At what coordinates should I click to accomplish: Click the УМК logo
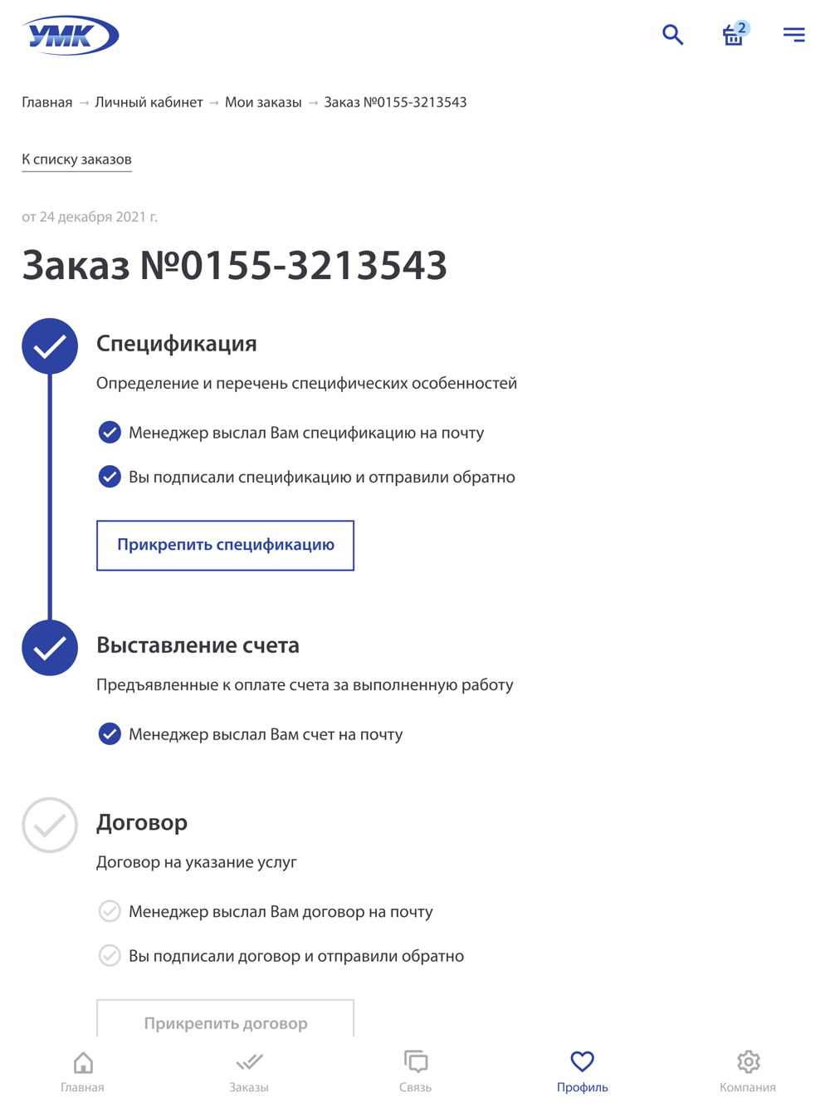click(x=71, y=35)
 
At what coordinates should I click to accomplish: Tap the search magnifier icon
click(x=672, y=34)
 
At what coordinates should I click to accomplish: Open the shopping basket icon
click(x=733, y=35)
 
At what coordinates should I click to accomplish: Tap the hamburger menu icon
click(x=793, y=34)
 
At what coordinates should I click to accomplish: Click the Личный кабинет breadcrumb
click(x=149, y=102)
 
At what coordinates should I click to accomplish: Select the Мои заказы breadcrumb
click(x=263, y=102)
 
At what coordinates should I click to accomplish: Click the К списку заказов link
click(x=76, y=159)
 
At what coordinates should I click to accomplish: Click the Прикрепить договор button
click(x=225, y=1022)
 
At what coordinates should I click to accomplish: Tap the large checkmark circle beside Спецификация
click(x=50, y=346)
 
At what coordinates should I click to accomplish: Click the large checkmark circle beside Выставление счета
click(x=50, y=647)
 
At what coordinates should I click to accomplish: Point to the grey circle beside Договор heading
click(x=50, y=825)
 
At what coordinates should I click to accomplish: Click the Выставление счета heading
click(x=198, y=645)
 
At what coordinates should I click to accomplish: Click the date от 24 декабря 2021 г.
click(x=90, y=217)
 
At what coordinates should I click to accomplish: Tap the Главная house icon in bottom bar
click(x=83, y=1062)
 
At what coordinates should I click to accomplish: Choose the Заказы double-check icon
click(x=249, y=1062)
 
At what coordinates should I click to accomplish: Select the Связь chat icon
click(x=416, y=1062)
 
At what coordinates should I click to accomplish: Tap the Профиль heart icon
click(x=582, y=1061)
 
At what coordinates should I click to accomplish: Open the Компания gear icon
click(x=748, y=1061)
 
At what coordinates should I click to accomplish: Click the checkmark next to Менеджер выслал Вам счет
click(x=110, y=734)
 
